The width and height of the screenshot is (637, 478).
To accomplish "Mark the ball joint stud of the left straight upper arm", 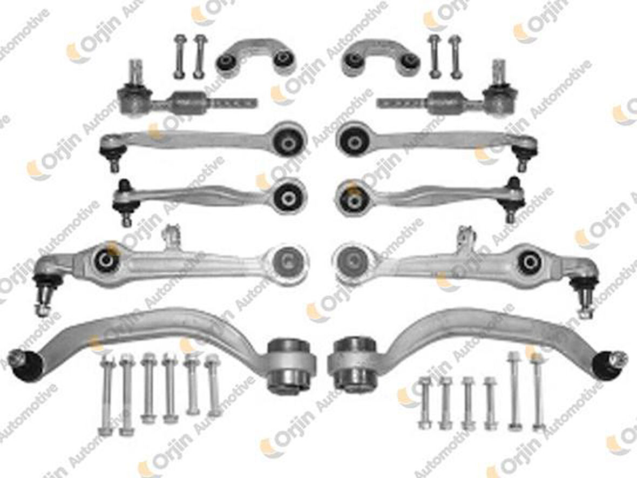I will point(114,162).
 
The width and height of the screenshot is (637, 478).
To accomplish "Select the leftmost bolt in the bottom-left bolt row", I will point(106,395).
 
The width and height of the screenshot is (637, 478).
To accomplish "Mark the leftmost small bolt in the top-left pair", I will point(179,56).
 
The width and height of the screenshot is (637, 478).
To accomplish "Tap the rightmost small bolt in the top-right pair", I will point(455,56).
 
